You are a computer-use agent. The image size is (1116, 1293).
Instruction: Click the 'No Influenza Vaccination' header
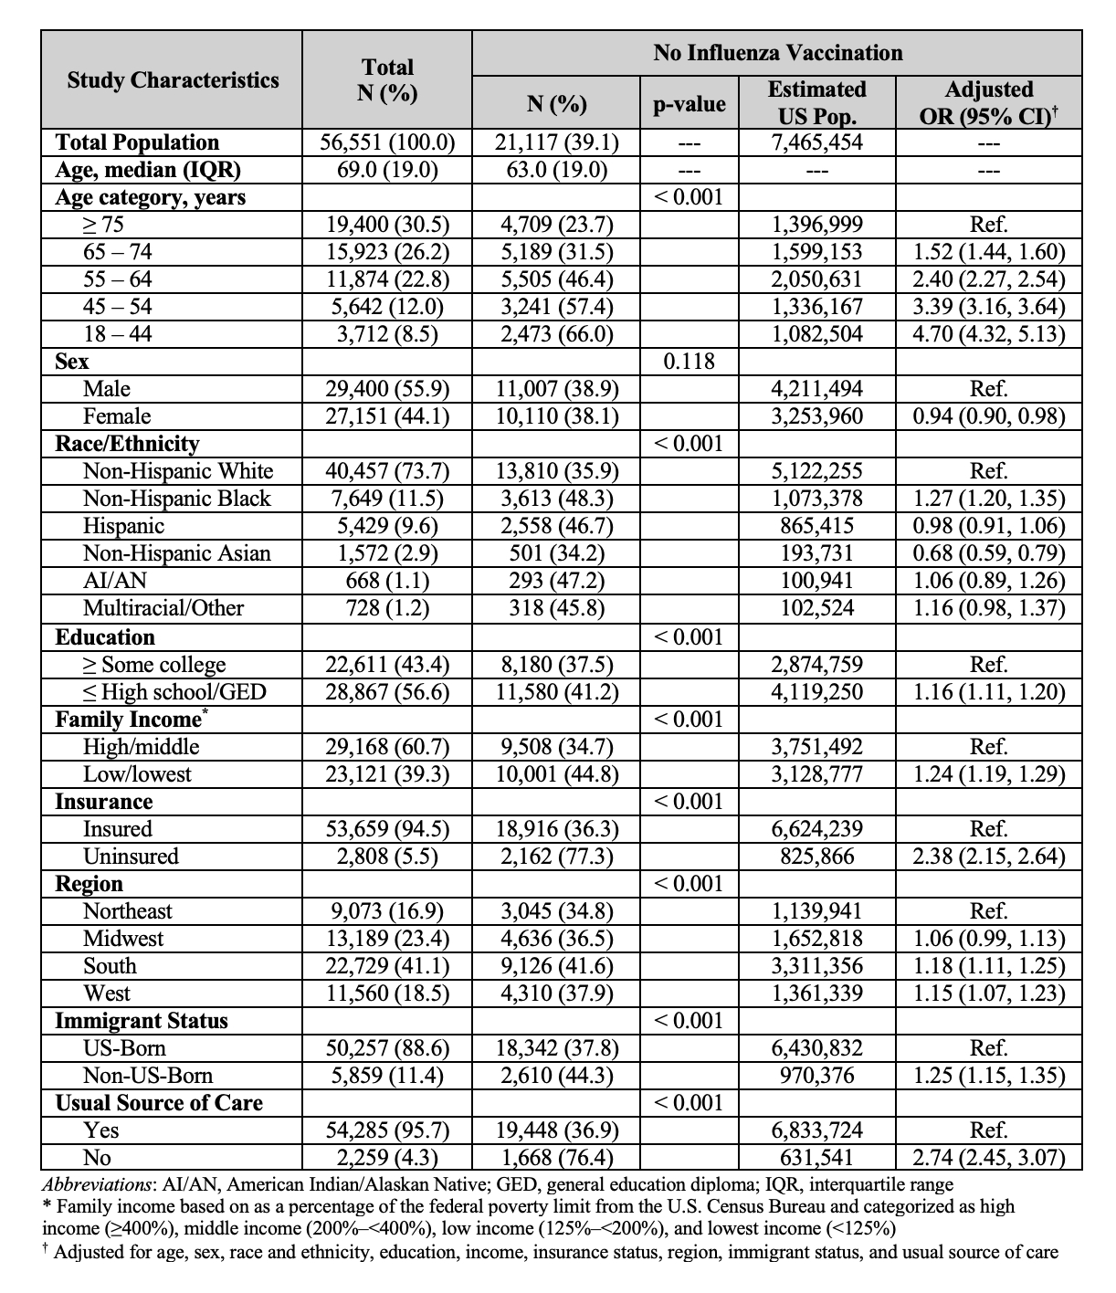click(777, 53)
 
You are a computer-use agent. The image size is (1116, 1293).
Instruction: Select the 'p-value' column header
click(689, 104)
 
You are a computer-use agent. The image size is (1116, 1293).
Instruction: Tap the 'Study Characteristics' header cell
click(173, 80)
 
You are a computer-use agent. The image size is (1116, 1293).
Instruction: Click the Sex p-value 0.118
click(689, 362)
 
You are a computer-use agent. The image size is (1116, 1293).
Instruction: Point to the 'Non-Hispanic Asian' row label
click(176, 553)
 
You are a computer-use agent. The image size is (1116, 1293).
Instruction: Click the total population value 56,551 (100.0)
click(387, 142)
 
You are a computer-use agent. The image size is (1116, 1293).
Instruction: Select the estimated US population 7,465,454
click(816, 142)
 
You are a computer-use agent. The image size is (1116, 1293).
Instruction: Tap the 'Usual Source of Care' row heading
click(159, 1103)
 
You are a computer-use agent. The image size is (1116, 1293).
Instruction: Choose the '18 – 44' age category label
click(118, 334)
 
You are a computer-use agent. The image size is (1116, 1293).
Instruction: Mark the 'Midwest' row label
click(123, 939)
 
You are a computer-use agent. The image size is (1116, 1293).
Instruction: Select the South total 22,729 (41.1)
click(387, 966)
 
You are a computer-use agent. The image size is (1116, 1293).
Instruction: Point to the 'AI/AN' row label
click(114, 581)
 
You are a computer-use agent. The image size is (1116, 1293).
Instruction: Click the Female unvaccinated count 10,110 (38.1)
click(556, 416)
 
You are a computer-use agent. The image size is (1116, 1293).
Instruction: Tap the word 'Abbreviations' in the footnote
click(99, 1185)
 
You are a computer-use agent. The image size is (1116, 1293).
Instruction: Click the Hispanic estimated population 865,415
click(816, 526)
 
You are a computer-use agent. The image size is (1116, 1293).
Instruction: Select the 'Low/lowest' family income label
click(137, 774)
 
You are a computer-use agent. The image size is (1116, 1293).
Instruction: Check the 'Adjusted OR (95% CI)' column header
click(989, 102)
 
